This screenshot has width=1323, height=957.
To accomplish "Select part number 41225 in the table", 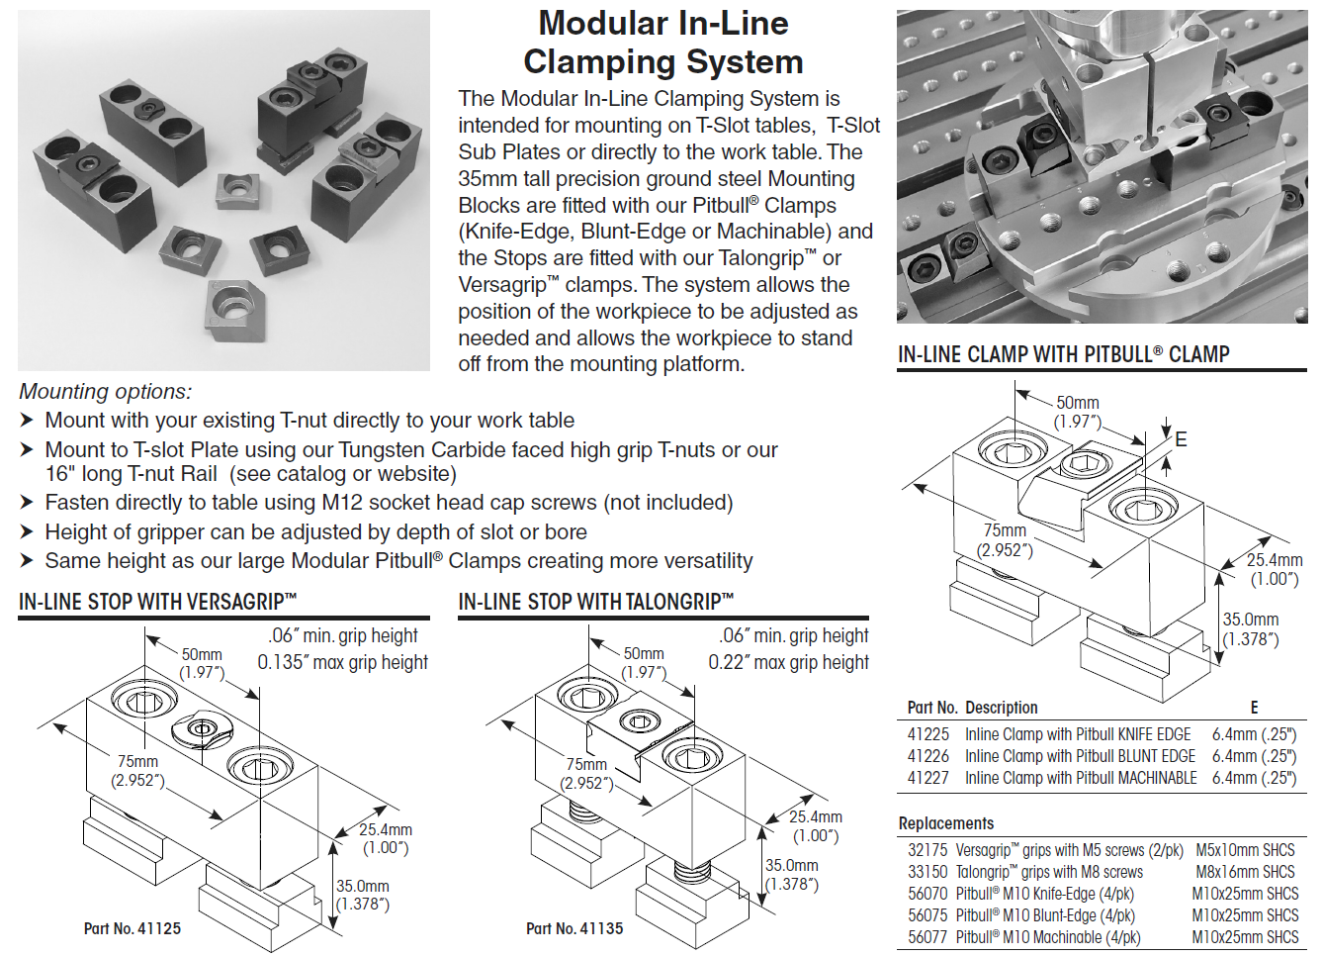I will point(927,734).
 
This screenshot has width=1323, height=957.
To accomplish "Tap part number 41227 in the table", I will point(927,778).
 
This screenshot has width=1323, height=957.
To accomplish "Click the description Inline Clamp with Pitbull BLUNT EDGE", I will point(1080,756).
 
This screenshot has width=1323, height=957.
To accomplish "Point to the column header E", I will point(1254,708).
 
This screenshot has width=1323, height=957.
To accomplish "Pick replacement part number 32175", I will point(926,850).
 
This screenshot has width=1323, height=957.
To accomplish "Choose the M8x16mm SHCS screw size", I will point(1244,872).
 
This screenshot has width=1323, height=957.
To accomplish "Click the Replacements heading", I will point(945,823).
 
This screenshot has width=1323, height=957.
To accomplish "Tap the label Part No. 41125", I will point(132,928).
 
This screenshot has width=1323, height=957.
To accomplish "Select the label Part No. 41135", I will point(574,928).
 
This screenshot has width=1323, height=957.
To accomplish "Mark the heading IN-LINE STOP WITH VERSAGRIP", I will point(157,602).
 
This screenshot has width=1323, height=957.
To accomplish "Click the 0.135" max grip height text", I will point(342,662).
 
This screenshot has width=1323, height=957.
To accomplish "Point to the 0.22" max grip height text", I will point(788,662).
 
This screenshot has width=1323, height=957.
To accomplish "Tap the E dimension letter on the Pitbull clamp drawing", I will point(1181,439).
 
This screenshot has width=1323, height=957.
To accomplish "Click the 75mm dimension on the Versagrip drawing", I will point(137,761).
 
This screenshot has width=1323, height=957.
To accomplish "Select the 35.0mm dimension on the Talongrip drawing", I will point(791,865).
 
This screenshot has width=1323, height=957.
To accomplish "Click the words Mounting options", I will point(105,392).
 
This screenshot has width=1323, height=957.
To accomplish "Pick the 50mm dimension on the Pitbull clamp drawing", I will point(1077,403).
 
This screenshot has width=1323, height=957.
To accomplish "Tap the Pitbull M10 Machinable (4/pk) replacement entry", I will point(1047,937).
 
